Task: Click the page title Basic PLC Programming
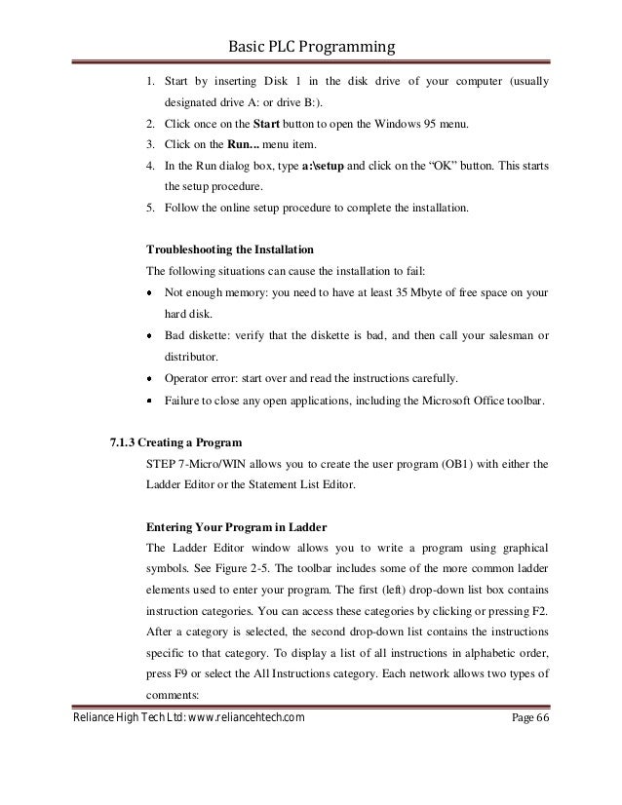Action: (311, 47)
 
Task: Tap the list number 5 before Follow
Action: (149, 209)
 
